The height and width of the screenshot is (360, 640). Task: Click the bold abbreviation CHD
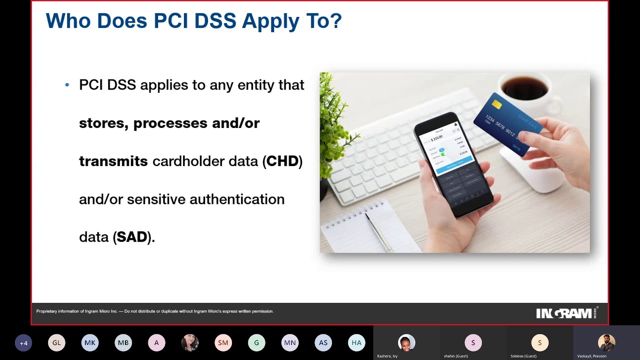pos(282,161)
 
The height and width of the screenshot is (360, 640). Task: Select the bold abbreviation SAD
pos(132,237)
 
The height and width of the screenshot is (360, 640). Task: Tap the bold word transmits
pos(113,161)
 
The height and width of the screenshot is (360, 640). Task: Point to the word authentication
pos(236,199)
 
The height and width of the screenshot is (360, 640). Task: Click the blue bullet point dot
pos(67,85)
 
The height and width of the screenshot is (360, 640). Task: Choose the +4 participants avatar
pos(23,343)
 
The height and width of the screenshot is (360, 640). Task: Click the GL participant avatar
pos(56,343)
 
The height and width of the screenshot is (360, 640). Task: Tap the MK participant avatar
pos(90,343)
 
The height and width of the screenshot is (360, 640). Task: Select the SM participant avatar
pos(223,343)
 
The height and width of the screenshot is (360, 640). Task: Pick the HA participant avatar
pos(356,343)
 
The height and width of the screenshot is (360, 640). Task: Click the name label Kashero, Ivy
pos(387,356)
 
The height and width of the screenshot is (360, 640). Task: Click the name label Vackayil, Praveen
pos(591,356)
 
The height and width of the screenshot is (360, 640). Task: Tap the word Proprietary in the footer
pos(46,311)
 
